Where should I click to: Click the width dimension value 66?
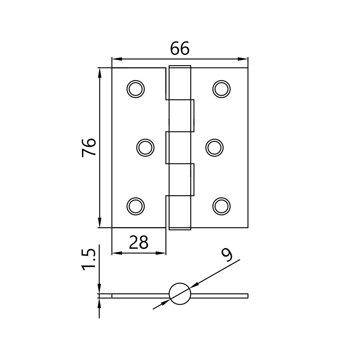180,49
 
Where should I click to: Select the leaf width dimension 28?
139,243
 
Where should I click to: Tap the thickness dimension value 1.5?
89,258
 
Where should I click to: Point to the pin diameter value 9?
227,255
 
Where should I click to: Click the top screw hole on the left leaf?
135,88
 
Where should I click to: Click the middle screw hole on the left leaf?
145,147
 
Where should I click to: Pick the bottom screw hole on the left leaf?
135,206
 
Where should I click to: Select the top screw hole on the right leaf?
221,88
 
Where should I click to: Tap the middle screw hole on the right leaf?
214,147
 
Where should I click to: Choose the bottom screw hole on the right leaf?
221,206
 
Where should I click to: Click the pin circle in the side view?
180,294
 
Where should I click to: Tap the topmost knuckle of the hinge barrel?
180,83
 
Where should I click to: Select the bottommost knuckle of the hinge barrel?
180,212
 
